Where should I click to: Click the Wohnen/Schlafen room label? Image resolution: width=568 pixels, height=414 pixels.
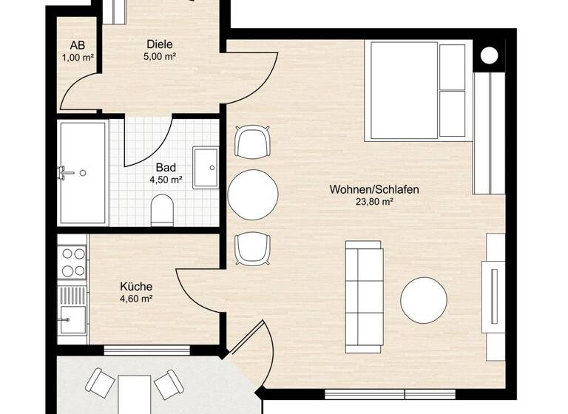[x=374, y=189]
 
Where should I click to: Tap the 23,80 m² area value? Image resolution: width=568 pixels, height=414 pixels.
[x=374, y=202]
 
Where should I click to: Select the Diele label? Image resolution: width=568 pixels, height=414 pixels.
[x=160, y=43]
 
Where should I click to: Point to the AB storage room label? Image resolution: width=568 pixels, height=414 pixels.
[x=78, y=44]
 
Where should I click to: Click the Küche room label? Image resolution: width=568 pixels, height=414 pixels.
[x=136, y=286]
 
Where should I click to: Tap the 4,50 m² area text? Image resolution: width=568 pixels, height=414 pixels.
[x=166, y=179]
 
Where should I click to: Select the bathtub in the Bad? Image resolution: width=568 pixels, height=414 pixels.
[x=84, y=173]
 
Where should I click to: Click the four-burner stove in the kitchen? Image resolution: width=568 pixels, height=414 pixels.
[x=72, y=259]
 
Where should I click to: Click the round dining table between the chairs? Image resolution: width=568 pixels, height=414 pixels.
[x=253, y=195]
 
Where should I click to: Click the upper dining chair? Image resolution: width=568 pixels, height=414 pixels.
[x=251, y=141]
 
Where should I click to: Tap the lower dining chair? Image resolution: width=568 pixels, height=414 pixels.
[x=251, y=248]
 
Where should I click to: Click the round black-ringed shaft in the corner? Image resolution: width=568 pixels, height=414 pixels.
[x=489, y=55]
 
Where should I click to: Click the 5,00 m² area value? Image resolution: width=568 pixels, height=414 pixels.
[x=160, y=55]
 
